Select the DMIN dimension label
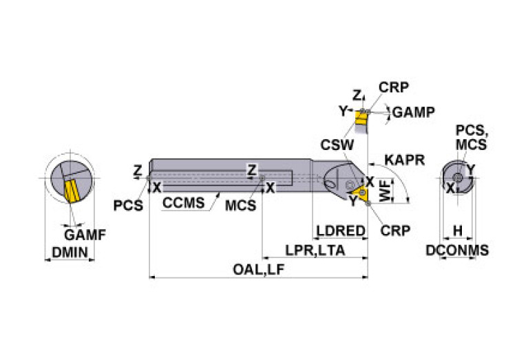pyautogui.click(x=70, y=253)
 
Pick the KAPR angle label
pyautogui.click(x=404, y=160)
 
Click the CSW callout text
pyautogui.click(x=337, y=145)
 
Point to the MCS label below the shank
pyautogui.click(x=241, y=206)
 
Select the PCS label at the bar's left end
pyautogui.click(x=127, y=204)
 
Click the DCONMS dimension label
pyautogui.click(x=456, y=251)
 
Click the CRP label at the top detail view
pyautogui.click(x=394, y=87)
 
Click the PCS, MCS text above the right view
pyautogui.click(x=472, y=138)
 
